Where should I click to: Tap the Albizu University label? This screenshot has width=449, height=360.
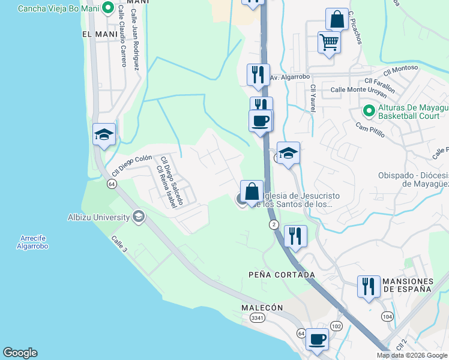99,217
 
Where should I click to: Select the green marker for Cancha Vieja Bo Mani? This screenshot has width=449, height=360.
108,8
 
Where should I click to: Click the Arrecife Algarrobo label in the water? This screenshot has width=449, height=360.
32,242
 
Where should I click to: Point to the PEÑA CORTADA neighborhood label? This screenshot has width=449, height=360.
282,275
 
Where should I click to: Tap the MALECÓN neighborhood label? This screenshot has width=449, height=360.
262,307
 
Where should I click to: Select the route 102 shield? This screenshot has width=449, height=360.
336,326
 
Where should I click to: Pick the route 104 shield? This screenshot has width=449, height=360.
387,316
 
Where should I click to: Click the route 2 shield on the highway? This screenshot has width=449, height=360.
274,224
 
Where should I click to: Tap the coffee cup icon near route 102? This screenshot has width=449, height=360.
317,339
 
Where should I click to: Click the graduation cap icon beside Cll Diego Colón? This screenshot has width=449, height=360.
104,134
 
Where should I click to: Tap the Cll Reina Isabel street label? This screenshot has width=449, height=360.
166,187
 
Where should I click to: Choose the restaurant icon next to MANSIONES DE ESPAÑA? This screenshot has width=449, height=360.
368,286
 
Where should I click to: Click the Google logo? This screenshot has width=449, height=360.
20,353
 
